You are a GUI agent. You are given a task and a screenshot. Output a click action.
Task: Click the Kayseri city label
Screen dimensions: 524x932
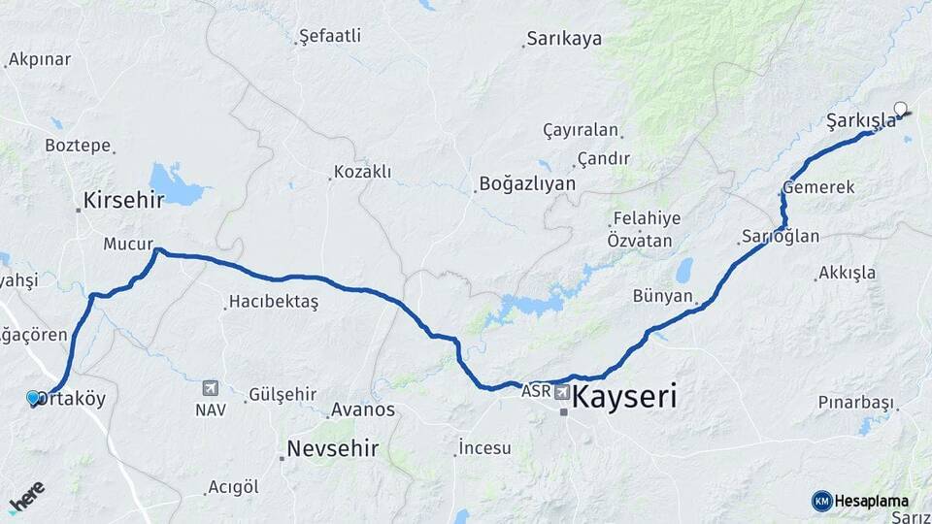pos(624,398)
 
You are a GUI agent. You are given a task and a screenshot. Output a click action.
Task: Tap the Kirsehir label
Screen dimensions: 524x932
pos(123,200)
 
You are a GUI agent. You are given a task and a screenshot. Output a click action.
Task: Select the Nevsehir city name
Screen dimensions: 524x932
pos(332,449)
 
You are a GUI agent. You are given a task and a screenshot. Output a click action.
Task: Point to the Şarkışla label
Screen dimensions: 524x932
pos(860,120)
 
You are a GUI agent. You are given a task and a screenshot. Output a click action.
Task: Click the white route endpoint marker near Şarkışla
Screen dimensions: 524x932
pos(900,109)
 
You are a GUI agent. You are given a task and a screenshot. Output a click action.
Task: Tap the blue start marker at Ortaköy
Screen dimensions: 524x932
pos(33,398)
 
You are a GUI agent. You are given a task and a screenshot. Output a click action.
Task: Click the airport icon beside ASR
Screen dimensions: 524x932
pos(562,392)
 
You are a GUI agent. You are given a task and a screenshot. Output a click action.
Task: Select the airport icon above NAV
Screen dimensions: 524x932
pos(210,388)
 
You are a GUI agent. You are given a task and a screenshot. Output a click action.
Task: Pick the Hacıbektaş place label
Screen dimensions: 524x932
pos(274,302)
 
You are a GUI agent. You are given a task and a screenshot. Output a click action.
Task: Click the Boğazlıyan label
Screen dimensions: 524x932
pos(527,183)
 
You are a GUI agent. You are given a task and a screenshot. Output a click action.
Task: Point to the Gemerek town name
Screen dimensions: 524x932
pos(819,187)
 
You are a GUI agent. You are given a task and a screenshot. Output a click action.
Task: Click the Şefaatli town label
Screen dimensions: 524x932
pos(330,36)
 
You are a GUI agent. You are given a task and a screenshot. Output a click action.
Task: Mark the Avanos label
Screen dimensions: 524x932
pos(363,409)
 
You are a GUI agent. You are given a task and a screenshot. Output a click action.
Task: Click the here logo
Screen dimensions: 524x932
pos(26,497)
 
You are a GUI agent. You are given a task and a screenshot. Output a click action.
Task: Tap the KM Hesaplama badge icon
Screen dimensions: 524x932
pos(821,501)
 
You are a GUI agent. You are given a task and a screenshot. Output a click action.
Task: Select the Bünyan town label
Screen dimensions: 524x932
pos(663,296)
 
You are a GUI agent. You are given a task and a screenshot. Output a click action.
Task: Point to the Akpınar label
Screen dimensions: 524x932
pos(40,59)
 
